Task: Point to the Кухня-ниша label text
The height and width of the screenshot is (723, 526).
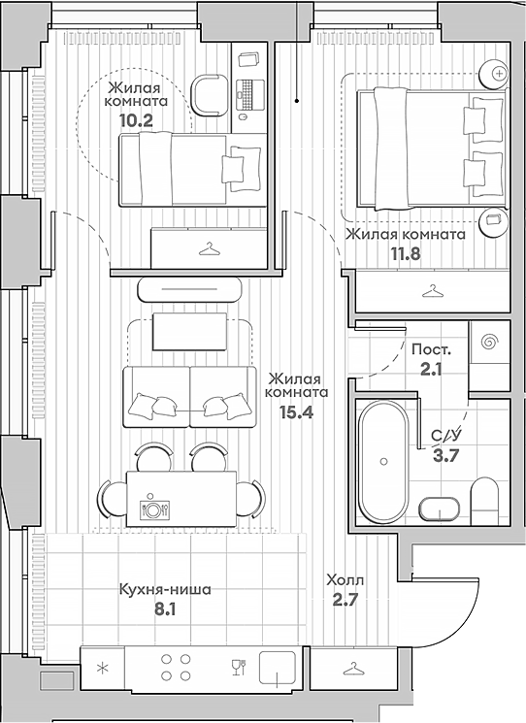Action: pyautogui.click(x=165, y=589)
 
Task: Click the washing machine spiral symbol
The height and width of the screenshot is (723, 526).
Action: pyautogui.click(x=489, y=342)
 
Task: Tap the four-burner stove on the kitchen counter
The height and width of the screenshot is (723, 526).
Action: pyautogui.click(x=174, y=669)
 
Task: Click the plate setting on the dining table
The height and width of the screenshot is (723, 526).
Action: pyautogui.click(x=152, y=507)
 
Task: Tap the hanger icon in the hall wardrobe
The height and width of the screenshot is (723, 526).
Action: pyautogui.click(x=353, y=669)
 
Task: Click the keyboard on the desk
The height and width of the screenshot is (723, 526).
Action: pyautogui.click(x=247, y=95)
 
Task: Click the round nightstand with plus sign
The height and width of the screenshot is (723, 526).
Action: pyautogui.click(x=499, y=73)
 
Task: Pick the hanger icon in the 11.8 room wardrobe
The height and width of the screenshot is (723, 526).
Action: pyautogui.click(x=432, y=290)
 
